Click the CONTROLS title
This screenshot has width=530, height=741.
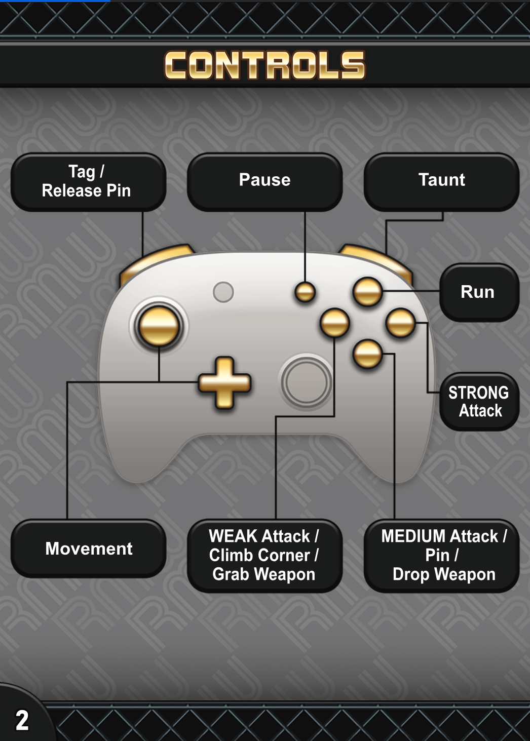264,65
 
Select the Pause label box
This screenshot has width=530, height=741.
264,182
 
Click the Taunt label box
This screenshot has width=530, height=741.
441,182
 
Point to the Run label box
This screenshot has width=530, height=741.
478,292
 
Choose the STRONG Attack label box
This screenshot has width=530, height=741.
479,402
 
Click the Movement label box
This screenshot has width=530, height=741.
88,549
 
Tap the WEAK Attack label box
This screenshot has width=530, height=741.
264,556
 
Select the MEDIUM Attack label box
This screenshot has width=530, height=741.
441,556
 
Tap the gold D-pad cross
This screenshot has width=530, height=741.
224,383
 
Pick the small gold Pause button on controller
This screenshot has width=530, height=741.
305,292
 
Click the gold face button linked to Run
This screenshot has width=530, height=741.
367,292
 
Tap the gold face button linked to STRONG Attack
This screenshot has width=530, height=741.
400,323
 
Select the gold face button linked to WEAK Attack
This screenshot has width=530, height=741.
334,323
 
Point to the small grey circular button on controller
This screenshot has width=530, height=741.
223,292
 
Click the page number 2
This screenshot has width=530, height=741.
22,720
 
